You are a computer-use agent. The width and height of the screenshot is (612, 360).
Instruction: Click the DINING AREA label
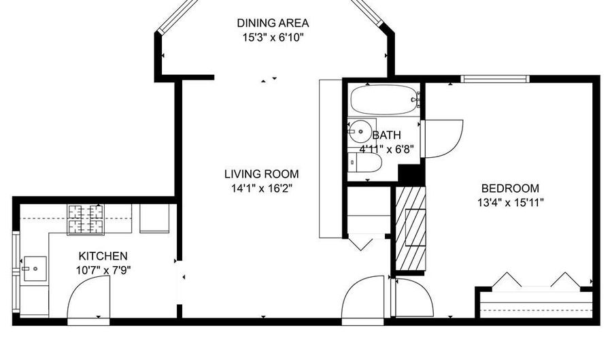(273, 23)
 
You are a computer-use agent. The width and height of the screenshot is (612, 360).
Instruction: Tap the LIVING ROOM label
(262, 174)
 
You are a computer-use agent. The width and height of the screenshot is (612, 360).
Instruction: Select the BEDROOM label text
(510, 189)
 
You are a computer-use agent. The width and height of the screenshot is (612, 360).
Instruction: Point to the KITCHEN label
(103, 256)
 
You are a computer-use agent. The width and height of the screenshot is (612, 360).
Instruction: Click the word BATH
(386, 135)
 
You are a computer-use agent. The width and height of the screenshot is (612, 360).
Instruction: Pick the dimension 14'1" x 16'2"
(262, 189)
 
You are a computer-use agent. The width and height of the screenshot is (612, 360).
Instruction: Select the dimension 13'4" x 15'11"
(510, 203)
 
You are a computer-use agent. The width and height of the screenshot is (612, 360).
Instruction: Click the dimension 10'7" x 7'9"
(103, 270)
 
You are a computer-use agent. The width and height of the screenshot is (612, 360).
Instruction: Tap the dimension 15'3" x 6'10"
(273, 38)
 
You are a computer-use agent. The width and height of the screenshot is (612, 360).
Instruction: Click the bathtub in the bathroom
(384, 100)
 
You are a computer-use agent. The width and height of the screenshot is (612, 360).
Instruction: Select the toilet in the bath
(364, 162)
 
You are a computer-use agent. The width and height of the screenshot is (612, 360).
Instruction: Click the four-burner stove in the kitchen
(86, 219)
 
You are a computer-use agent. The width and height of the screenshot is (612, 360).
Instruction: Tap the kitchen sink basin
(35, 269)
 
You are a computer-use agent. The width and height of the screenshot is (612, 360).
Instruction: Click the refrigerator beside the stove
(154, 218)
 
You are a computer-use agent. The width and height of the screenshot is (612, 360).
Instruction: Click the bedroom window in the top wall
(495, 79)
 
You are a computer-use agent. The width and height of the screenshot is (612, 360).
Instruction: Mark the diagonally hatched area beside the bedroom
(411, 229)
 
